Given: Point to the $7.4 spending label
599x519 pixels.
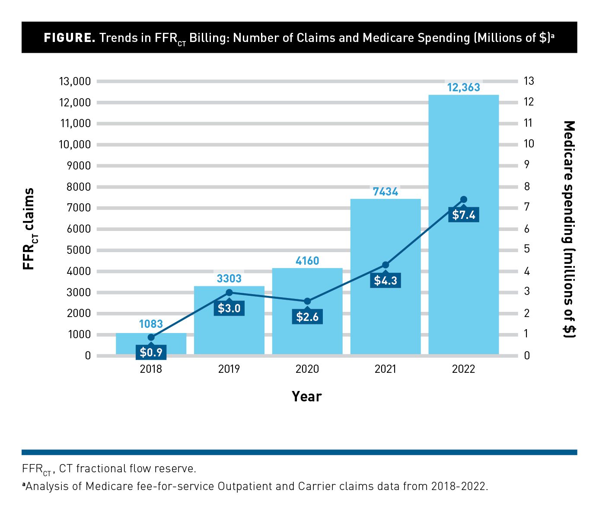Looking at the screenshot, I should pos(464,215).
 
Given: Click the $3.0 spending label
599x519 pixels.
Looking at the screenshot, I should pos(229,308).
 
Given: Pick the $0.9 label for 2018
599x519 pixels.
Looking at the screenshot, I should pos(151,352).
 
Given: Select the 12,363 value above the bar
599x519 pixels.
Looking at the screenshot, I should pos(463,87).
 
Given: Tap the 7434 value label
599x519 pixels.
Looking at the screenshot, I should pos(385,192).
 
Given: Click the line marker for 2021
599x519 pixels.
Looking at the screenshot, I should pos(386,265).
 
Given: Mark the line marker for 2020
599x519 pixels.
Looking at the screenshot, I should pos(307,301).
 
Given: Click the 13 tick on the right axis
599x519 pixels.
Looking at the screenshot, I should pos(529,81).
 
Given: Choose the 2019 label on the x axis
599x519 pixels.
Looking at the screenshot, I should pos(229,369).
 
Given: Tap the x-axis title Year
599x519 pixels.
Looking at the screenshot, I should pos(307,396).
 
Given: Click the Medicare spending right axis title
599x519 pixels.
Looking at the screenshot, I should pos(570,229).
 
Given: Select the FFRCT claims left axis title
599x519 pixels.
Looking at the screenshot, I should pos(29,229).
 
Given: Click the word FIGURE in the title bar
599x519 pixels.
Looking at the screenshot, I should pos(70,38).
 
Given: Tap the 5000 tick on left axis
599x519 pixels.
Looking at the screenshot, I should pos(79,250).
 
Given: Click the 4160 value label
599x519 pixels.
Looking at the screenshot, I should pos(307,261).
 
